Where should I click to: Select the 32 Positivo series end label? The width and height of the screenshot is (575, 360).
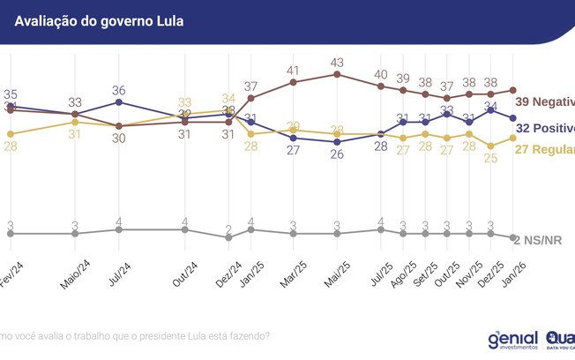pos(544,128)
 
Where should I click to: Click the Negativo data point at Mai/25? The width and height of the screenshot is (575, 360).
pos(338,74)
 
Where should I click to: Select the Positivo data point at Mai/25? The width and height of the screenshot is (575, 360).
pos(338,142)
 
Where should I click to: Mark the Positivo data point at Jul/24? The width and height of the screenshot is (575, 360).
pos(119,101)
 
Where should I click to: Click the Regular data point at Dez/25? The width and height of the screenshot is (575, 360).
pos(491,147)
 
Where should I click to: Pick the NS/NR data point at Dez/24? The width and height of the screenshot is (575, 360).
pos(228,238)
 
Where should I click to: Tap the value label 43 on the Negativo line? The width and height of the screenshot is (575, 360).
pos(338,62)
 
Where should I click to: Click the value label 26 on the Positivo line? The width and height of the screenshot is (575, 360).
pos(338,155)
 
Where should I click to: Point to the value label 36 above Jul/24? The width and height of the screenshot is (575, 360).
pos(119,89)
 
